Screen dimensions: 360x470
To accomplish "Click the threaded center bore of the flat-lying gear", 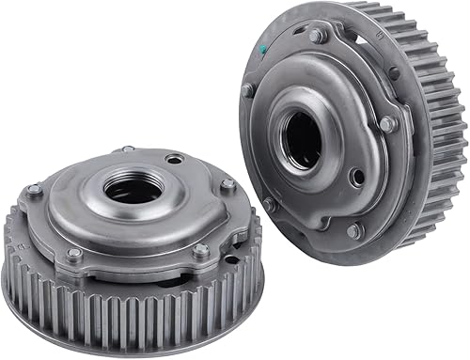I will click(133, 188).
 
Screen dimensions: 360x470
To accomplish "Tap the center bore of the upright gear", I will click(302, 135).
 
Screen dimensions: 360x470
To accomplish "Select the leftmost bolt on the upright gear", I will click(247, 90).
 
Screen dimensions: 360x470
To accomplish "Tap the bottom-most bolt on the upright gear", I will click(354, 229).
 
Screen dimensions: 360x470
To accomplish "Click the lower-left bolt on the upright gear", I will click(269, 202).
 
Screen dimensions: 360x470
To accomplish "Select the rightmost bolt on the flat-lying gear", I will click(227, 186).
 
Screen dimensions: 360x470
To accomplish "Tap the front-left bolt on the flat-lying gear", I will click(73, 253).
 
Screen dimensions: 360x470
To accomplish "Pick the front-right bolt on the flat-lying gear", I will click(200, 250).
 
